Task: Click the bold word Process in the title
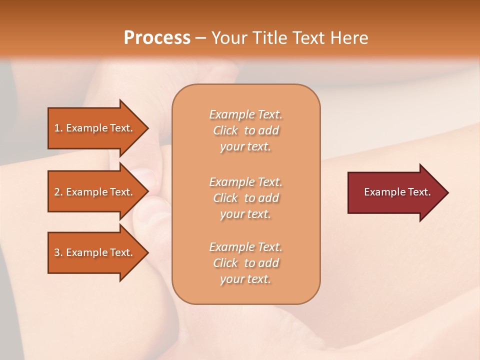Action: [x=157, y=38]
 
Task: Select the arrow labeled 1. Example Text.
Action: [x=95, y=128]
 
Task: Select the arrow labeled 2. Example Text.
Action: [x=95, y=192]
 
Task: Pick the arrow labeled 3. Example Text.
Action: [x=95, y=252]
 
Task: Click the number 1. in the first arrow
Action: [x=58, y=128]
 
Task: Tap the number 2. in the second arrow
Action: [x=58, y=192]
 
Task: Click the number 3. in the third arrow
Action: [x=58, y=252]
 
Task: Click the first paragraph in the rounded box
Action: [x=245, y=130]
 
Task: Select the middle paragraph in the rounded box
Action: [x=245, y=198]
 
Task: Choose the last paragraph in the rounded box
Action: [x=245, y=263]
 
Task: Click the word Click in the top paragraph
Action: [x=225, y=131]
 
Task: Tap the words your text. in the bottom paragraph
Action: [x=245, y=279]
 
